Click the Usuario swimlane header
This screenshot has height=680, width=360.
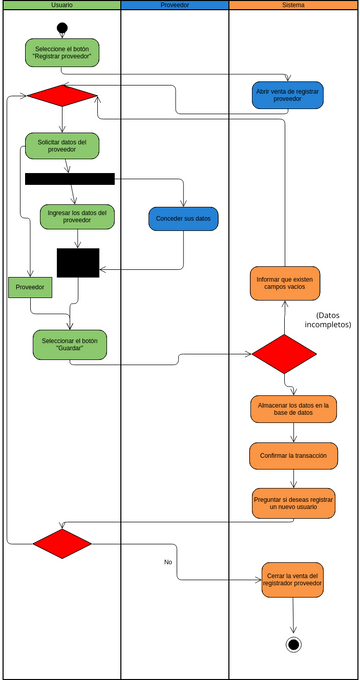click(x=61, y=5)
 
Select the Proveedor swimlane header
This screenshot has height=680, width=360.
click(x=174, y=5)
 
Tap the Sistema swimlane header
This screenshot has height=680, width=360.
click(x=293, y=5)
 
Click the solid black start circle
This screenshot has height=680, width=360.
click(x=62, y=27)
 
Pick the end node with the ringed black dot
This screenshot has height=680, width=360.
click(x=293, y=644)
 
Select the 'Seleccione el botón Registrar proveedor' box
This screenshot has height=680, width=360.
click(x=62, y=53)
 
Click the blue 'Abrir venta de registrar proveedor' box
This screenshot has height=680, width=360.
click(x=287, y=95)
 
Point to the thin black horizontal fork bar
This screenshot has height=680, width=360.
click(x=69, y=179)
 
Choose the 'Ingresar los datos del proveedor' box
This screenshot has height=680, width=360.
click(x=77, y=216)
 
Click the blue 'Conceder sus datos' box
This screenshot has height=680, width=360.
click(x=184, y=218)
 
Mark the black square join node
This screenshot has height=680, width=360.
click(x=78, y=262)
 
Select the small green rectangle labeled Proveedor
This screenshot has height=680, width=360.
click(x=30, y=287)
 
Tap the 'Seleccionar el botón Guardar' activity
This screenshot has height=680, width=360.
click(x=69, y=344)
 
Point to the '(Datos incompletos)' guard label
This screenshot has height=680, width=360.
click(x=327, y=320)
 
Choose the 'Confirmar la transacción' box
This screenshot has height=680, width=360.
click(x=293, y=455)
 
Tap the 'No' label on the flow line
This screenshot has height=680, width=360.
click(x=168, y=562)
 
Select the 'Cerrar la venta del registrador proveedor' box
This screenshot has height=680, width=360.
click(x=293, y=581)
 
